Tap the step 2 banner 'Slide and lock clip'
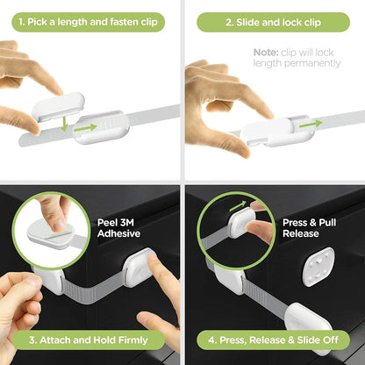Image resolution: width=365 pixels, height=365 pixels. [274, 21]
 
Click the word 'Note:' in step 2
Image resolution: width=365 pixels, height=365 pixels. [267, 53]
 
